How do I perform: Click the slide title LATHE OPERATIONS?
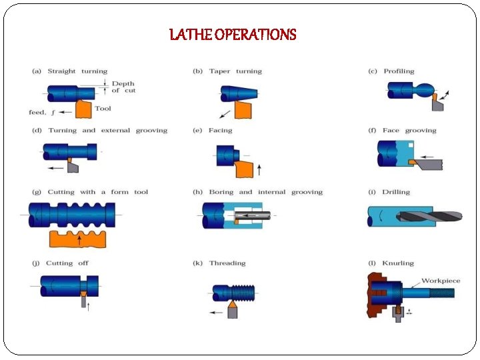[233, 34]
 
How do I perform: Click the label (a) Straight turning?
[70, 71]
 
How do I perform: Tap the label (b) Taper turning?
[227, 71]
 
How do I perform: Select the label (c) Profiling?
[391, 71]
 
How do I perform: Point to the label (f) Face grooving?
[402, 131]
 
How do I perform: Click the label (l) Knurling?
[391, 263]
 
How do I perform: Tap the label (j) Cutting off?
[61, 263]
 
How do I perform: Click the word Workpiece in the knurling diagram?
[441, 281]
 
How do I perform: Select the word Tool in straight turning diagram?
[103, 109]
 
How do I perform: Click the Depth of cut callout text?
[123, 87]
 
